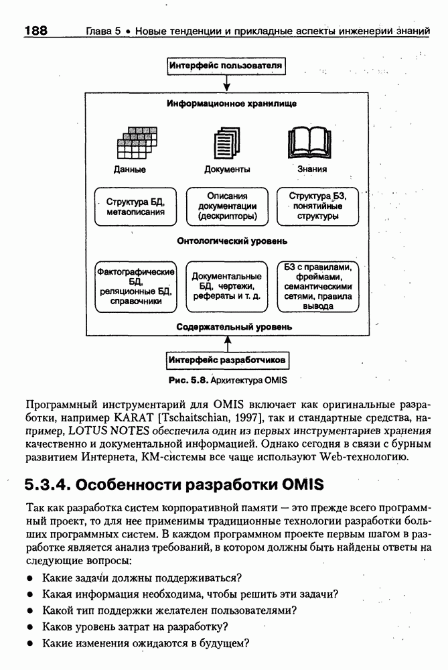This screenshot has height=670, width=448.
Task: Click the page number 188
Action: [x=35, y=31]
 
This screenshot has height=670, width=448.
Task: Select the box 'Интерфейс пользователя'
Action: [x=226, y=66]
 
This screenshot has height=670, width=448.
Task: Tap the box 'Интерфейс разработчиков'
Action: [x=228, y=360]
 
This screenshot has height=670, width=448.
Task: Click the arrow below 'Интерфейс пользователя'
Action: [x=227, y=82]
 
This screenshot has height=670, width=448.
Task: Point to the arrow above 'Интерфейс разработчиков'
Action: [x=228, y=344]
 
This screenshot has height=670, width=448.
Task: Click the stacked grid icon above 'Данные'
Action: [x=137, y=141]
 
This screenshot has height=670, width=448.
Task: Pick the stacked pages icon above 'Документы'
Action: [x=226, y=143]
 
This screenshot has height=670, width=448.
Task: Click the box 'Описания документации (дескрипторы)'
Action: [x=227, y=206]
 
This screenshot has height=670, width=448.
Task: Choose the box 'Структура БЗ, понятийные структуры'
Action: [x=317, y=206]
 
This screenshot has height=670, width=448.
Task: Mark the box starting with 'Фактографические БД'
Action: [x=136, y=287]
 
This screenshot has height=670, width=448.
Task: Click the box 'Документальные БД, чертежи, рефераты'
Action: [x=227, y=287]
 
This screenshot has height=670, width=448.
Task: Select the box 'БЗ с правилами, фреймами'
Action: [x=317, y=287]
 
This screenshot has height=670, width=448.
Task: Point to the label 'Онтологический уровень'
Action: [x=232, y=240]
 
